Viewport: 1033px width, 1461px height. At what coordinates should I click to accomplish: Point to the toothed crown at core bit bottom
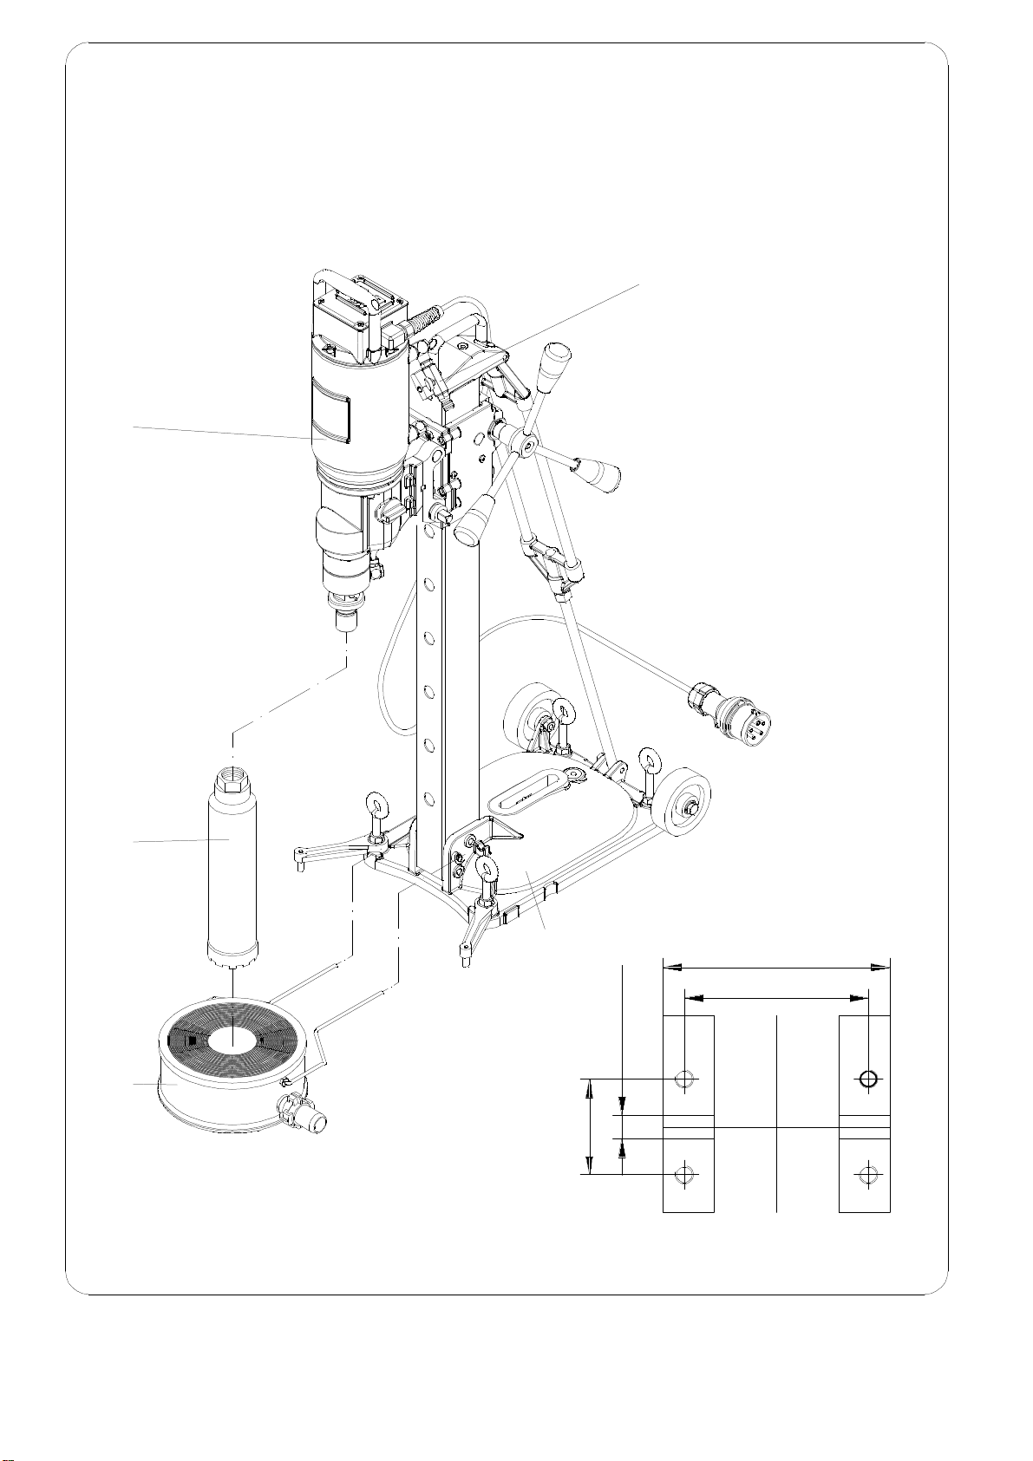232,962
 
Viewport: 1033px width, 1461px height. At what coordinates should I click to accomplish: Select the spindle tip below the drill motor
348,621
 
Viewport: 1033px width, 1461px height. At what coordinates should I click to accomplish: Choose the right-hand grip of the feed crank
605,476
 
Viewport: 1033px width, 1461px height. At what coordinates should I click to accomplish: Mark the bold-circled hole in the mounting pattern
868,1079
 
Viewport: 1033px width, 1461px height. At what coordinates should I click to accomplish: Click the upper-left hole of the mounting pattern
685,1079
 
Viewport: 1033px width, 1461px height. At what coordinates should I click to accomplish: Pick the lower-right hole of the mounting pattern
866,1175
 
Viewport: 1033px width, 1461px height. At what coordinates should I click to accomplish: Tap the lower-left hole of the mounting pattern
685,1175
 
